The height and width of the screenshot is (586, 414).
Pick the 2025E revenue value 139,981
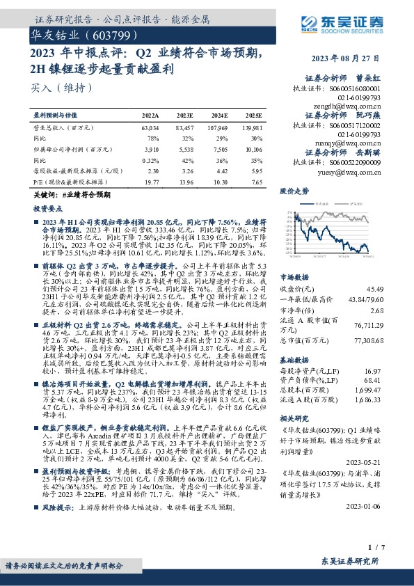(252, 129)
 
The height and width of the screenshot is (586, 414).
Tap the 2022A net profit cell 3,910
(150, 149)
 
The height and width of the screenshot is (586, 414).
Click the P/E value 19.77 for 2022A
(150, 180)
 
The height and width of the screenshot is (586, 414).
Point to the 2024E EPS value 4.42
(219, 170)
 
